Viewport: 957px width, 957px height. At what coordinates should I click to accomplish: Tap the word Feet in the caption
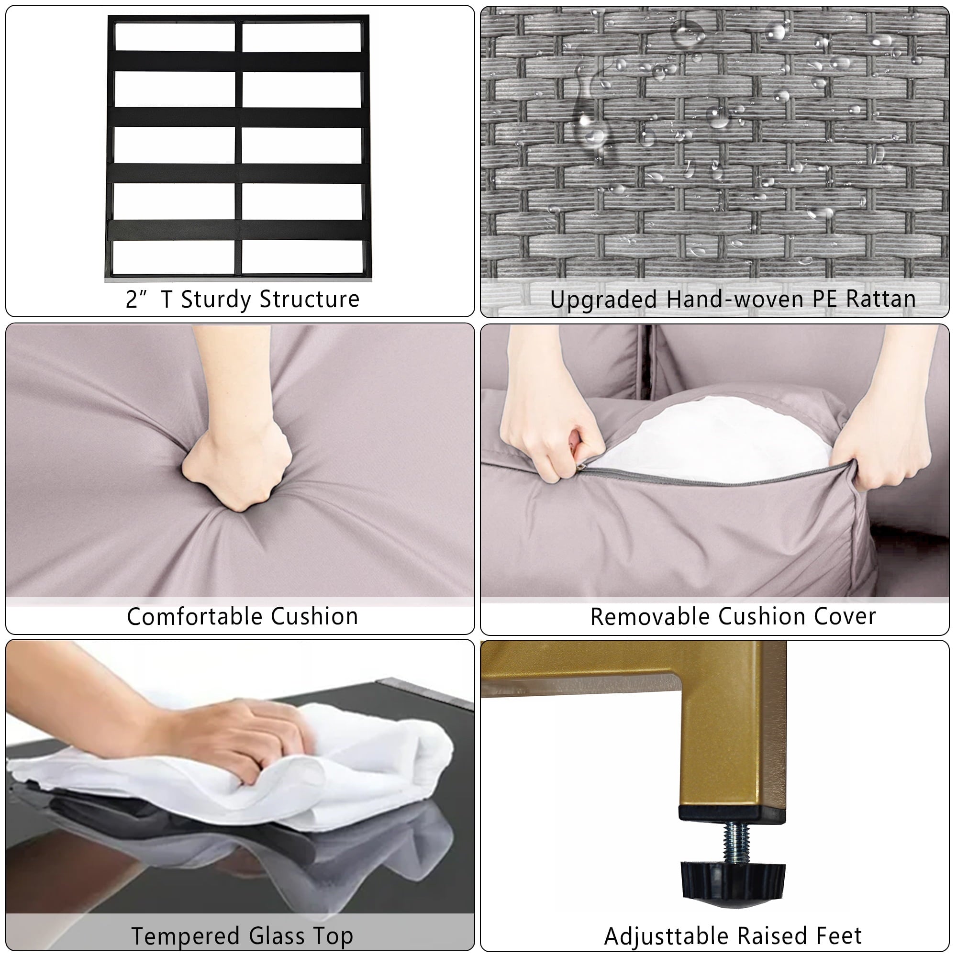pos(841,935)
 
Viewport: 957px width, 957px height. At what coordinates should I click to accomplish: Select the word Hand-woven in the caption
pos(735,299)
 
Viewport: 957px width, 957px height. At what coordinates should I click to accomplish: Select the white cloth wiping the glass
pos(238,773)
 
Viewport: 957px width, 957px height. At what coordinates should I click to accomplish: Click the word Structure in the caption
pos(309,299)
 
